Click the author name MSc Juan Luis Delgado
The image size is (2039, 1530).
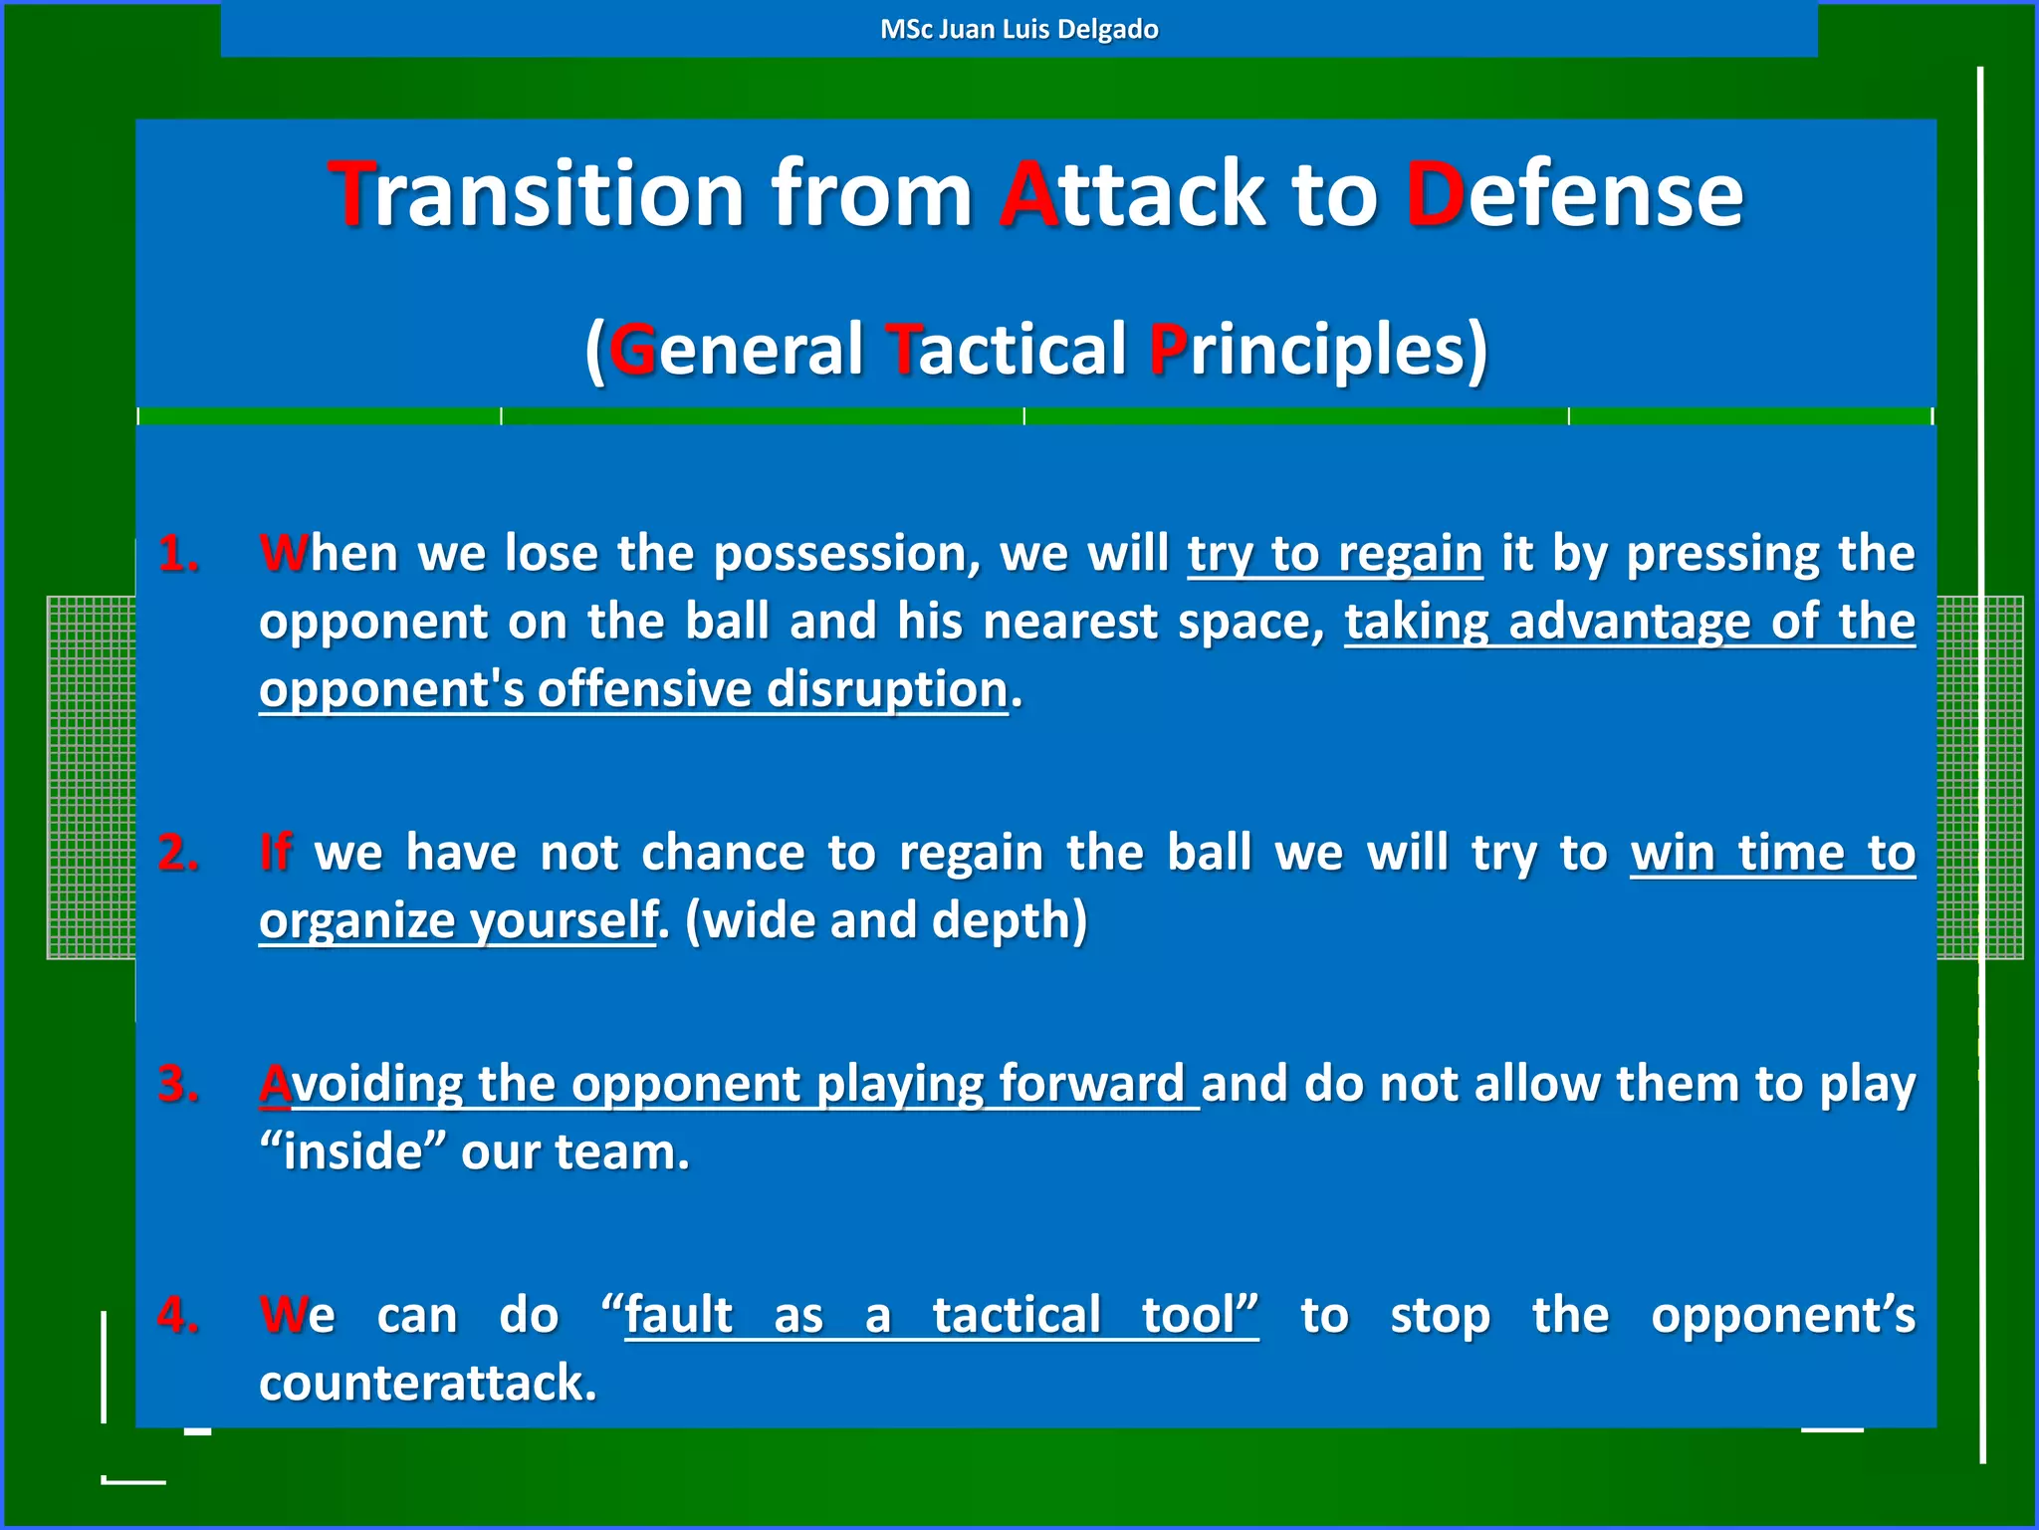click(x=1019, y=29)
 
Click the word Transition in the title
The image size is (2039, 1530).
click(x=536, y=194)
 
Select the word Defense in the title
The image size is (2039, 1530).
click(x=1574, y=194)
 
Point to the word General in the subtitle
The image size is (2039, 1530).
click(x=736, y=350)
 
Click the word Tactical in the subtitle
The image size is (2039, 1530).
click(x=1005, y=350)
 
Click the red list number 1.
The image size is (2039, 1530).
click(x=179, y=554)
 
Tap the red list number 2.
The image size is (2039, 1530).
click(x=179, y=854)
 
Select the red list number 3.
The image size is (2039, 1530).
click(x=179, y=1085)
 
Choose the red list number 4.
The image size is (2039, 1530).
click(x=179, y=1316)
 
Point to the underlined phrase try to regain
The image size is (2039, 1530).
click(x=1334, y=554)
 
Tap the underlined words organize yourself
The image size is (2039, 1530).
click(x=458, y=920)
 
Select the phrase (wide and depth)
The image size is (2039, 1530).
click(x=886, y=920)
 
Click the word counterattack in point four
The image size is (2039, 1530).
click(x=428, y=1384)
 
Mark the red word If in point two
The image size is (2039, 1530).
click(x=275, y=854)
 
